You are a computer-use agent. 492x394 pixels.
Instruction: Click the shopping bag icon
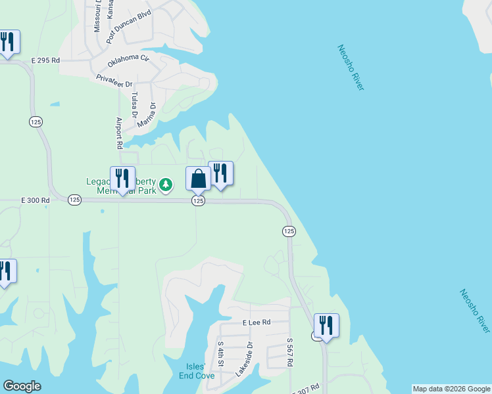pyautogui.click(x=198, y=179)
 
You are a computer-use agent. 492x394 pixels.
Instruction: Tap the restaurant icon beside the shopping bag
pyautogui.click(x=220, y=173)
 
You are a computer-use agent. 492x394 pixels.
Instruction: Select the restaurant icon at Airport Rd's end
pyautogui.click(x=122, y=179)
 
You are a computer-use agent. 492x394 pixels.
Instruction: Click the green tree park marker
pyautogui.click(x=167, y=185)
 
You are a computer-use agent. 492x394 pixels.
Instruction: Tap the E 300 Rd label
pyautogui.click(x=36, y=200)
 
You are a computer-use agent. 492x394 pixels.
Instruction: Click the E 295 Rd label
pyautogui.click(x=45, y=60)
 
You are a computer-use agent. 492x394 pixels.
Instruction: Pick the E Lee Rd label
pyautogui.click(x=257, y=322)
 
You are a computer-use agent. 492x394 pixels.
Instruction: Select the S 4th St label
pyautogui.click(x=220, y=354)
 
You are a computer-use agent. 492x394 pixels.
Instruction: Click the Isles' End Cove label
pyautogui.click(x=197, y=371)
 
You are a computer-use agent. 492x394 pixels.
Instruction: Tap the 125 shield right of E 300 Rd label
pyautogui.click(x=74, y=200)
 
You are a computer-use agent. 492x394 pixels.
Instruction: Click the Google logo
pyautogui.click(x=22, y=386)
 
